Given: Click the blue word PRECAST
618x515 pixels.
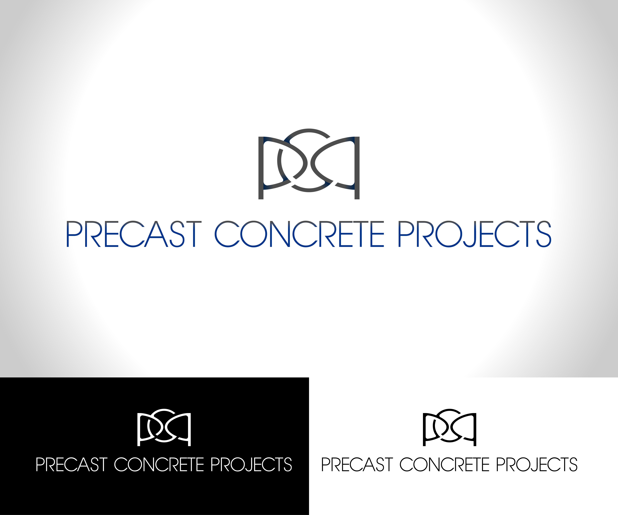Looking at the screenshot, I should pyautogui.click(x=134, y=234).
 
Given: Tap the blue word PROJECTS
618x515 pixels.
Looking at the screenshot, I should pyautogui.click(x=474, y=234).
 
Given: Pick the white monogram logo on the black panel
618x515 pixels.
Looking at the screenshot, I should pyautogui.click(x=164, y=427).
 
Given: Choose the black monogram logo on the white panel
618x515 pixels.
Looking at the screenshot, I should pyautogui.click(x=449, y=427).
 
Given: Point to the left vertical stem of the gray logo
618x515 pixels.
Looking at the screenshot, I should pyautogui.click(x=261, y=168).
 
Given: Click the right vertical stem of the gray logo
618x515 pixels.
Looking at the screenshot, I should pyautogui.click(x=357, y=168).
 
